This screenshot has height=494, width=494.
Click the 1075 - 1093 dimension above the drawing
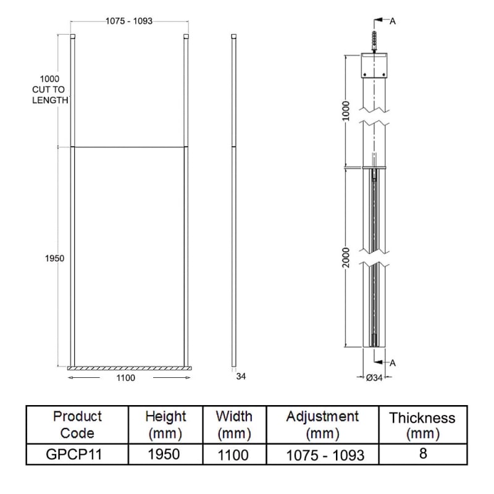tap(128, 20)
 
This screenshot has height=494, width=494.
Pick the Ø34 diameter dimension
tap(374, 378)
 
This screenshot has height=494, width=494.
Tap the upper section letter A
tap(393, 21)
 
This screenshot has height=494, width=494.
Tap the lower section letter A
tap(393, 363)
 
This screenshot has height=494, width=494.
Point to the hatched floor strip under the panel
tap(128, 369)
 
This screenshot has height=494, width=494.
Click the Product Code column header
tap(78, 424)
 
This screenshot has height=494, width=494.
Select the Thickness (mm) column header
tap(422, 425)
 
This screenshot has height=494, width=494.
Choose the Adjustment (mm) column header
tap(322, 424)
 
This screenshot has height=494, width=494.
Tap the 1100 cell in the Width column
tap(233, 454)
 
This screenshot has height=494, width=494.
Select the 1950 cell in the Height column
tap(165, 454)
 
